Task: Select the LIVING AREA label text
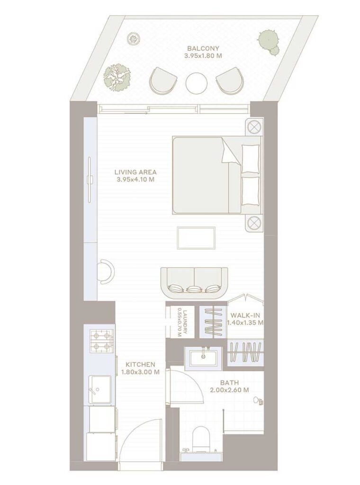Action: [x=135, y=172]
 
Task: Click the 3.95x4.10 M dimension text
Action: [x=135, y=180]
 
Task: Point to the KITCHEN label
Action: [x=140, y=364]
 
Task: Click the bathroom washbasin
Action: [x=205, y=357]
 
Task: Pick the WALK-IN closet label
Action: [x=245, y=315]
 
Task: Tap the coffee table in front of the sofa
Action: [x=196, y=237]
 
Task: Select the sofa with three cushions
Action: [x=194, y=281]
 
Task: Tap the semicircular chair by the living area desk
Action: [x=105, y=271]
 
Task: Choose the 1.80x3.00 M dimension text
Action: [x=140, y=372]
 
